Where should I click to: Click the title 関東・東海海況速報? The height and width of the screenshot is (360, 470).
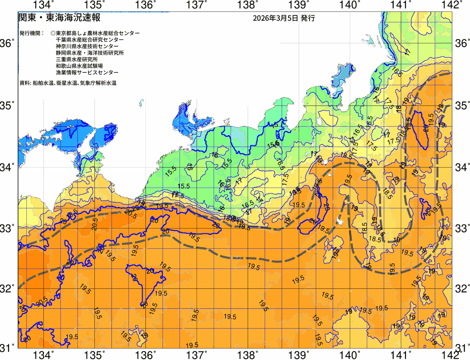click(x=59, y=18)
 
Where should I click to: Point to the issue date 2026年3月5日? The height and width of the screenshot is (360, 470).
click(x=275, y=18)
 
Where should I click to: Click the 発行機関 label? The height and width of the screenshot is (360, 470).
click(x=31, y=33)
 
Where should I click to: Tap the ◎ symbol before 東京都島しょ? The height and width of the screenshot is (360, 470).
click(x=53, y=33)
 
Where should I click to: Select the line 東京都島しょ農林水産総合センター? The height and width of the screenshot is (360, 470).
click(x=98, y=33)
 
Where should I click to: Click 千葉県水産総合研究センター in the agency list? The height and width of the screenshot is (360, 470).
click(x=90, y=40)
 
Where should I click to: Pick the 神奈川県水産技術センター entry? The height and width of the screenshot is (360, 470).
click(x=87, y=46)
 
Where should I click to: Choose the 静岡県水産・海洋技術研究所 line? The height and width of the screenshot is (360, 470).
click(x=90, y=53)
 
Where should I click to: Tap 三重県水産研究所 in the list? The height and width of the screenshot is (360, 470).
click(x=77, y=60)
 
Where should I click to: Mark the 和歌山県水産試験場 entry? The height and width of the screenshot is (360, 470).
click(x=79, y=66)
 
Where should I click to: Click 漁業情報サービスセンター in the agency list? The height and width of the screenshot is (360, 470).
click(x=87, y=73)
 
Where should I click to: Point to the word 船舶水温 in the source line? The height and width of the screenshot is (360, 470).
click(x=43, y=83)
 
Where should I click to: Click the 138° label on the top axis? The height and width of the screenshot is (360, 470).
click(x=246, y=5)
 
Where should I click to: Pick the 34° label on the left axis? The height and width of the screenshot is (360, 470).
click(x=7, y=168)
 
